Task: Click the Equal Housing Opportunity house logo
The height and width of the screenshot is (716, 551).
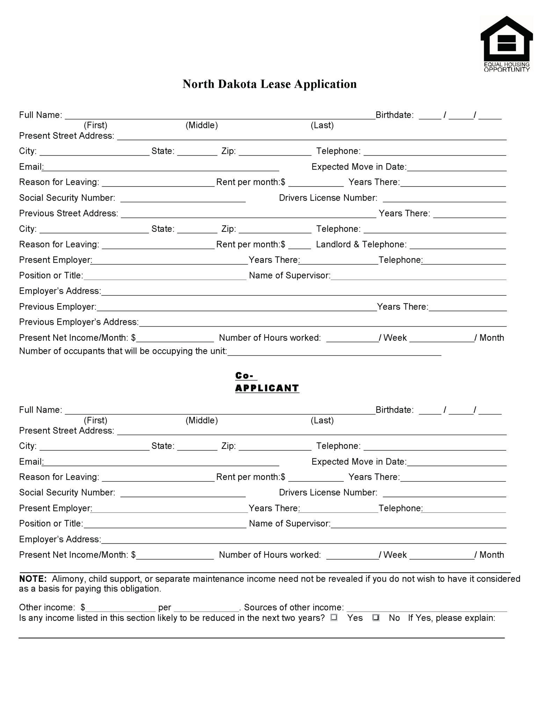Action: click(x=506, y=38)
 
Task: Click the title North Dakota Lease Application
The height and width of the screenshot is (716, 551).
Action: click(x=269, y=84)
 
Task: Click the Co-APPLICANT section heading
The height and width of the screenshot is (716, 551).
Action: click(x=267, y=382)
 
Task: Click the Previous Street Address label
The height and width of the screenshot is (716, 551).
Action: click(x=68, y=213)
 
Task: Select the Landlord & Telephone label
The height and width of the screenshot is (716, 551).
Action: click(x=361, y=244)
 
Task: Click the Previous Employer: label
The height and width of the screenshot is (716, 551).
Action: click(x=58, y=307)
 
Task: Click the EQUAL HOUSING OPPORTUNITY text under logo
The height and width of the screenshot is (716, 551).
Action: click(x=506, y=67)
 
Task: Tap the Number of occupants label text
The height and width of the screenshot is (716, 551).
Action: click(x=123, y=351)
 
